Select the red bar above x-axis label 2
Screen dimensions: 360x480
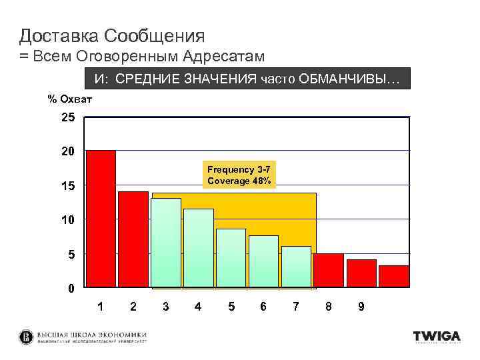tap(133, 239)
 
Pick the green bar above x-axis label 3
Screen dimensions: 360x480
tap(166, 243)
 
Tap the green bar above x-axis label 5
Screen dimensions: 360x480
tap(231, 258)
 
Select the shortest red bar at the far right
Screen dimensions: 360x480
tap(394, 276)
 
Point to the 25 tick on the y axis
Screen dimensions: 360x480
tap(67, 118)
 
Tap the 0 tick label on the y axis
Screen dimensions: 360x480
tap(71, 289)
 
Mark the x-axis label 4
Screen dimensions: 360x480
tap(198, 307)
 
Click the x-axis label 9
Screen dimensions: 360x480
tap(361, 307)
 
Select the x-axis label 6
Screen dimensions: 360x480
tap(263, 307)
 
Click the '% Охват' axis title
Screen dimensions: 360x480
tap(69, 99)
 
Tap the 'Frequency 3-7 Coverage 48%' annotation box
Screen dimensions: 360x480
tap(239, 175)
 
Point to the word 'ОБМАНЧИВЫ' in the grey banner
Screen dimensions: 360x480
tap(353, 80)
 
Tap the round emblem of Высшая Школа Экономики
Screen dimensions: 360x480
tap(26, 337)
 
